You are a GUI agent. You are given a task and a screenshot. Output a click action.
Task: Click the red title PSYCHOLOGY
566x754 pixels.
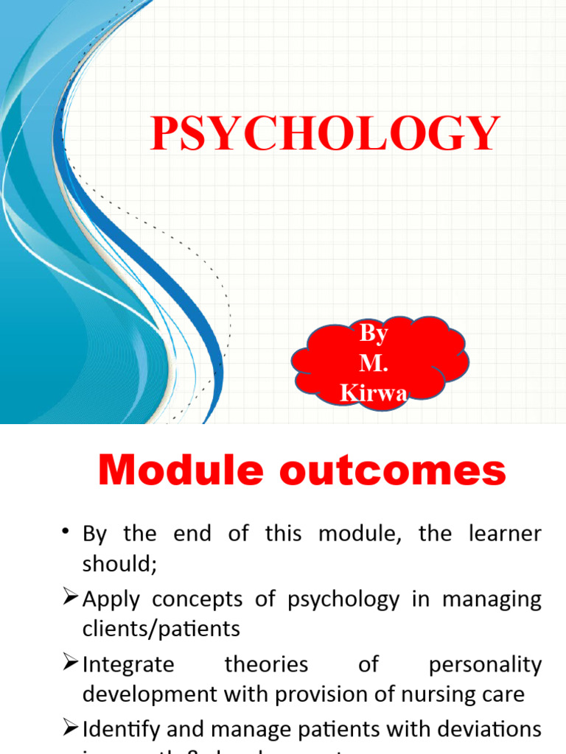coord(325,133)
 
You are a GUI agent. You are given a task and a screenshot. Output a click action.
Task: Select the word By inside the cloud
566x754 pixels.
coord(374,334)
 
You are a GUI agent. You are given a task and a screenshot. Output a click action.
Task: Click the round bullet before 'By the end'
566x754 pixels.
coord(67,533)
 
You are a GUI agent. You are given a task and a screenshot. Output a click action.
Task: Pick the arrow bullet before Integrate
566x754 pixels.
coord(70,664)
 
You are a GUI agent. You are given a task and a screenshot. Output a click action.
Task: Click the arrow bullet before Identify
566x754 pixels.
coord(70,730)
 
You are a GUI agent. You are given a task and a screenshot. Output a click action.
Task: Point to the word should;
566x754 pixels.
coord(116,563)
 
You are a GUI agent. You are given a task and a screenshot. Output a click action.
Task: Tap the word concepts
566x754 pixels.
coord(197,599)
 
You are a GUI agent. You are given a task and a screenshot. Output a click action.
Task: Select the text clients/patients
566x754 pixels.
coord(161,630)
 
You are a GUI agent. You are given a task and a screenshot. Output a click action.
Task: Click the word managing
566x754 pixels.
coord(492,599)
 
